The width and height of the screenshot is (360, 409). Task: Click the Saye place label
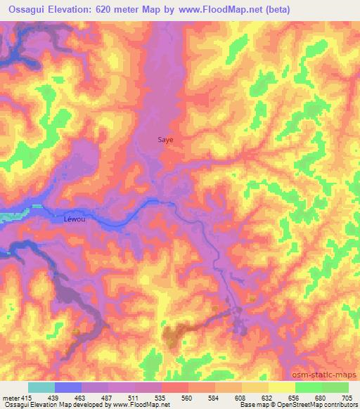coord(165,140)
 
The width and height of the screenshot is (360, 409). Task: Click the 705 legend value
coord(346,398)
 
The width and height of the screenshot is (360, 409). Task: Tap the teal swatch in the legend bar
coord(41,387)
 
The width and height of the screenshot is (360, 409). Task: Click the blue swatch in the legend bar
coord(68,387)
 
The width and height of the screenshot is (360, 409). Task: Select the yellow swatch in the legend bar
coord(281,387)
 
